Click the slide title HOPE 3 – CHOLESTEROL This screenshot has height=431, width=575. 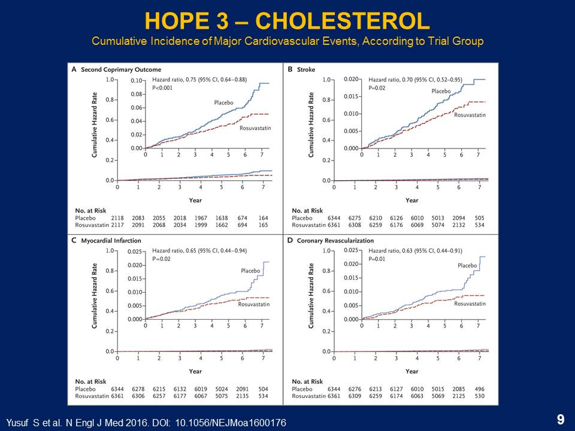[x=287, y=22]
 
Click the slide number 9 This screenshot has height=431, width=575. [x=561, y=420]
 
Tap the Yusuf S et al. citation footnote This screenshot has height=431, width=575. [x=146, y=423]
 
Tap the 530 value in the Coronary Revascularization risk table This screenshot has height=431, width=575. [x=479, y=396]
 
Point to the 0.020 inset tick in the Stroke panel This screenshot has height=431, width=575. [x=350, y=80]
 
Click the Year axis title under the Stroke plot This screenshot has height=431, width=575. [x=411, y=200]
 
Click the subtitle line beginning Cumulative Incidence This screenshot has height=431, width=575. [x=287, y=42]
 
